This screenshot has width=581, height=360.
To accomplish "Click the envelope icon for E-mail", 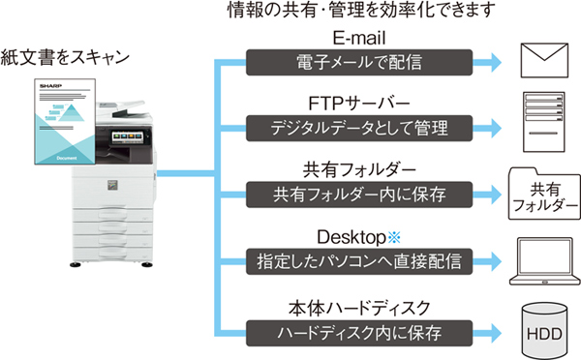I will click(547, 60).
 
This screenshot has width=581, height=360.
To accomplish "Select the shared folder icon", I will click(547, 190).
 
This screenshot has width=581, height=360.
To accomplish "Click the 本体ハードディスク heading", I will click(361, 306).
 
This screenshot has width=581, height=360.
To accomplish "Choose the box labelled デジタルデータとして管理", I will click(360, 128).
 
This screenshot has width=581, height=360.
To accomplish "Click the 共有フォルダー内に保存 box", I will click(360, 194).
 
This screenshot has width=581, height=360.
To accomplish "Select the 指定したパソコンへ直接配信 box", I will click(360, 260).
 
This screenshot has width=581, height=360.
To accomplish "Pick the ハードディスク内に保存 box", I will click(360, 331).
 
